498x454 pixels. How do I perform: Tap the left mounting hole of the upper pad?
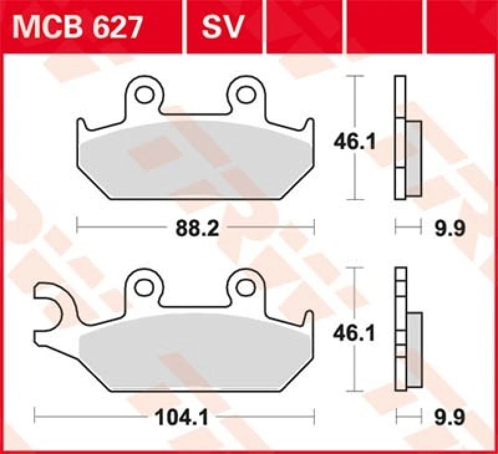point(146,94)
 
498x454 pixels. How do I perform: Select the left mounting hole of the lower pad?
point(146,286)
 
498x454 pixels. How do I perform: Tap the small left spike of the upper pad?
point(83,126)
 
